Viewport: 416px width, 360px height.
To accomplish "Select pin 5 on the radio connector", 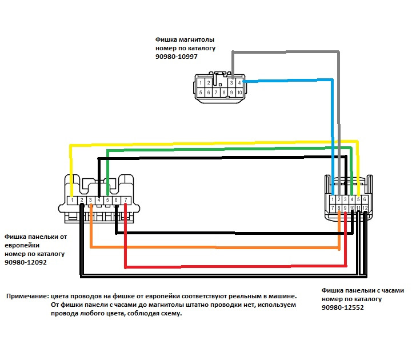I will coord(201,92).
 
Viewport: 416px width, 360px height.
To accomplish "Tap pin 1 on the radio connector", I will coord(201,83).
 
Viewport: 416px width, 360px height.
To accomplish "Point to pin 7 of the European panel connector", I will coord(125,200).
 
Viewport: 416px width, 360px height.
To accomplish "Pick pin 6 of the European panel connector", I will coord(116,200).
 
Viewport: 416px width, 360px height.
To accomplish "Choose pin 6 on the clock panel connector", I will coord(365,198).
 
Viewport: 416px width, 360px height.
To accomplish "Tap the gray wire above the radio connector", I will coord(286,53).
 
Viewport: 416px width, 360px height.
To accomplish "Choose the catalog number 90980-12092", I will coord(25,262).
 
